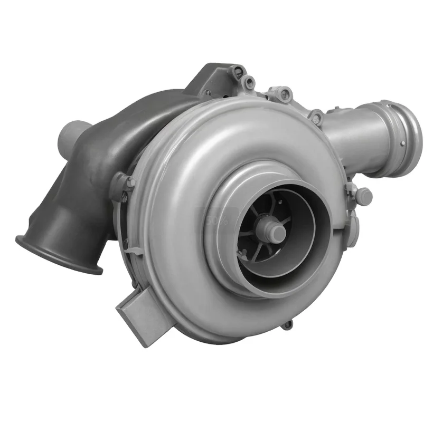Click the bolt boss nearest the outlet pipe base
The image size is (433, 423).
pos(316,117)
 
